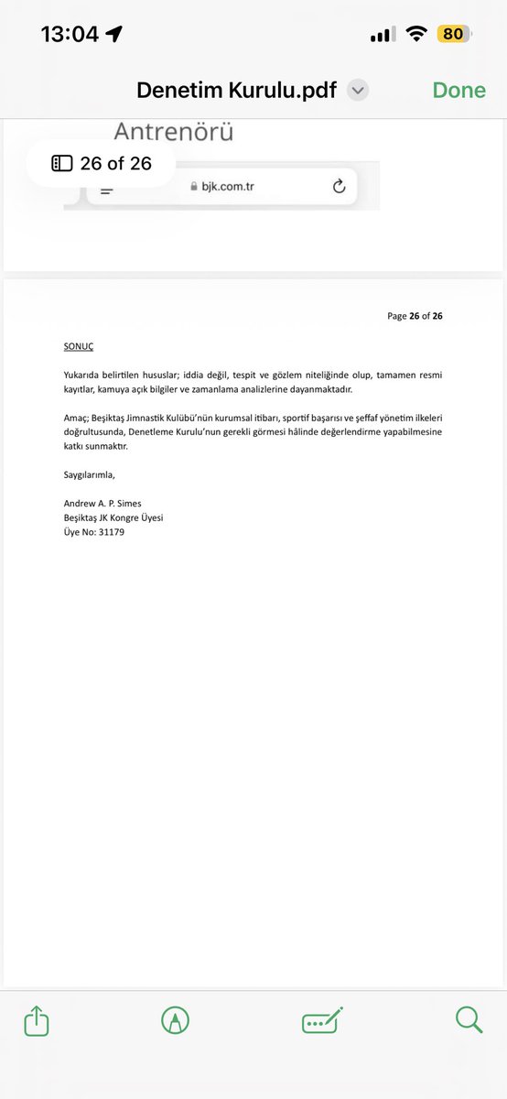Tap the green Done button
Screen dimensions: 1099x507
[459, 90]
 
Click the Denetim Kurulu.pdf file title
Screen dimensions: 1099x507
[236, 90]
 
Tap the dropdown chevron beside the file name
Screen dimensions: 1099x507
[359, 90]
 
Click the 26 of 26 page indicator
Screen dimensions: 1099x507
[102, 164]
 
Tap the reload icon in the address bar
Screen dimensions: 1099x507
[339, 187]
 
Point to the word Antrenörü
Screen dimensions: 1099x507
[173, 132]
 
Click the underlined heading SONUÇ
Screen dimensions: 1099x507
[79, 346]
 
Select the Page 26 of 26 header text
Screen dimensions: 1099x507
[415, 316]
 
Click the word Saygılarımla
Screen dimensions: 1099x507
[90, 474]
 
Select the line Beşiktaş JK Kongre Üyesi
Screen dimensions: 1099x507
[113, 518]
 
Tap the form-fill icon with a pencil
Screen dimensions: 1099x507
[322, 1020]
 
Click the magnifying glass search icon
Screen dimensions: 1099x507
[469, 1020]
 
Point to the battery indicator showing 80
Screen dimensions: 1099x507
[454, 34]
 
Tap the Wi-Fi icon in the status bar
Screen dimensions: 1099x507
[417, 34]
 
